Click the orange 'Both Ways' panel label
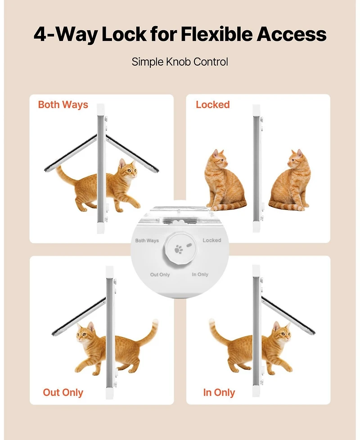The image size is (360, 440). pyautogui.click(x=63, y=105)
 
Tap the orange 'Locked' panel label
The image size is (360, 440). pyautogui.click(x=212, y=105)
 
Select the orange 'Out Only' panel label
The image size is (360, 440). pyautogui.click(x=63, y=392)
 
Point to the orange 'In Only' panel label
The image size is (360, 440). pyautogui.click(x=219, y=392)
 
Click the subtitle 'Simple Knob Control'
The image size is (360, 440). pyautogui.click(x=180, y=62)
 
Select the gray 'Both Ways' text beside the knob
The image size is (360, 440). pyautogui.click(x=147, y=241)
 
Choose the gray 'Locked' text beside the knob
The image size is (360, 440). pyautogui.click(x=211, y=241)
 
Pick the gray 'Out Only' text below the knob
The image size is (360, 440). pyautogui.click(x=160, y=274)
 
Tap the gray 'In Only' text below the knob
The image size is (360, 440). pyautogui.click(x=200, y=274)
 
